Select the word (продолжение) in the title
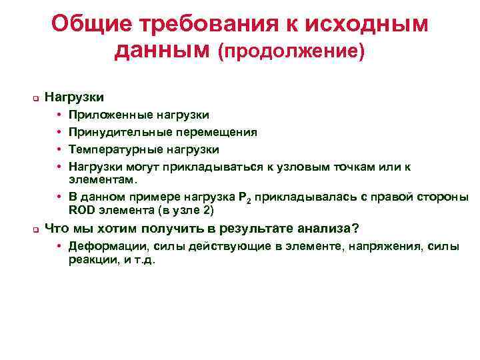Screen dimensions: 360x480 (x=292, y=51)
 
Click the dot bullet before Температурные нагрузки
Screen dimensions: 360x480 (x=60, y=149)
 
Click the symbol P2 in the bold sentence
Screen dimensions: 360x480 (x=245, y=198)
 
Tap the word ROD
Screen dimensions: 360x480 (x=83, y=210)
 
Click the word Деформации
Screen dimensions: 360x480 (x=106, y=247)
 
